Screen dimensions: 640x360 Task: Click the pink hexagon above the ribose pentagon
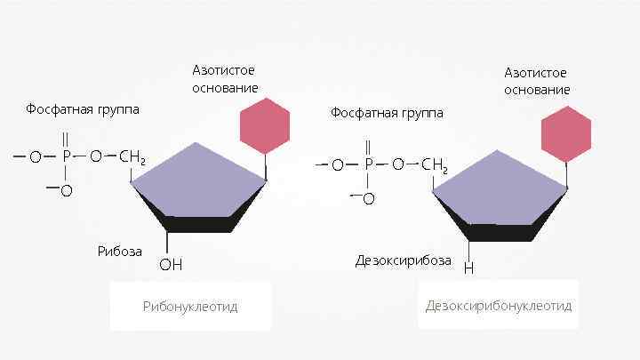(x=265, y=124)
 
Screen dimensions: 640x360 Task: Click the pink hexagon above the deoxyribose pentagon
(x=566, y=133)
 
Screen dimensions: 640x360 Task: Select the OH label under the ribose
(x=170, y=264)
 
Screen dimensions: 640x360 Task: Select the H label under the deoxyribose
(x=468, y=267)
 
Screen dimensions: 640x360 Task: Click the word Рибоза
(x=119, y=251)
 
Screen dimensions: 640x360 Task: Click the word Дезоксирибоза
(x=403, y=260)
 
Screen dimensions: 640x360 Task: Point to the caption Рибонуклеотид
(x=190, y=307)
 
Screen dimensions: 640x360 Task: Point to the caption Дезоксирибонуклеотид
(x=498, y=306)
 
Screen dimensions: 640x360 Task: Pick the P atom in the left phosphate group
(x=66, y=157)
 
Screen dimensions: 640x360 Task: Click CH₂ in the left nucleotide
(x=132, y=158)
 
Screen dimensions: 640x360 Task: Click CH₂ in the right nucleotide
(x=435, y=165)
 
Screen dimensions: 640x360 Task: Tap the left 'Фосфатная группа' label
(x=83, y=109)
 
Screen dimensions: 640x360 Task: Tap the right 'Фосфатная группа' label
(x=386, y=113)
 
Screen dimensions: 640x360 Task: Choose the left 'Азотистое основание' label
(x=226, y=79)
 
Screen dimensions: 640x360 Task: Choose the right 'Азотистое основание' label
(x=537, y=81)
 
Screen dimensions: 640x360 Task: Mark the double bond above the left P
(x=66, y=140)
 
